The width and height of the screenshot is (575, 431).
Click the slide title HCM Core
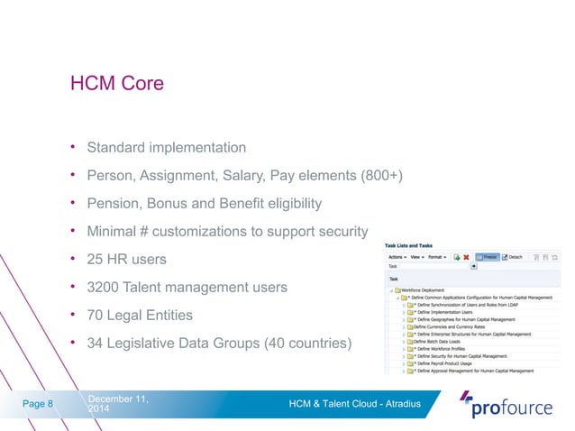tap(117, 85)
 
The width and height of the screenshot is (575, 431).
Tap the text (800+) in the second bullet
tap(380, 174)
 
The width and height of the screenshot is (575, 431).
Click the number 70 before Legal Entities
tap(96, 316)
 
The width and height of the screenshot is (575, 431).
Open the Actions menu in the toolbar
tap(397, 257)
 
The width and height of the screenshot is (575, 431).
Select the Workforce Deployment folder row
tap(424, 289)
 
